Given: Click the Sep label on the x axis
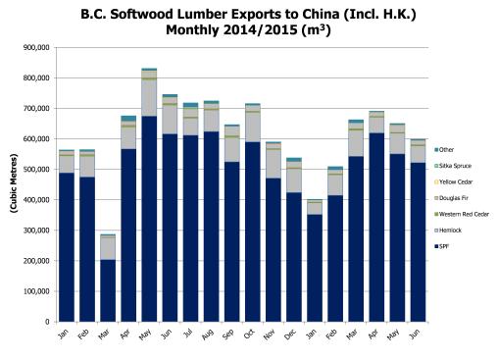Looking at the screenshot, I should click(x=229, y=333).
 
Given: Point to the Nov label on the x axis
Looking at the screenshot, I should click(x=271, y=333).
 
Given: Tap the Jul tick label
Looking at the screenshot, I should click(x=188, y=333).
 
